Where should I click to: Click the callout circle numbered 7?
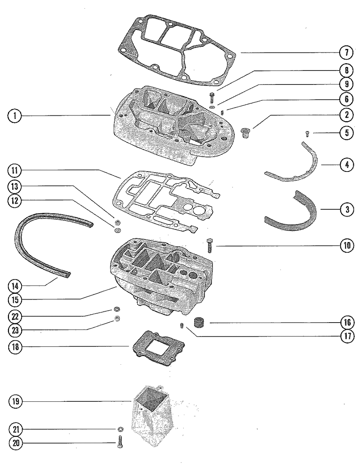346,53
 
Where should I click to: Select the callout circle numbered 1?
15,115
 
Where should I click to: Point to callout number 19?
15,401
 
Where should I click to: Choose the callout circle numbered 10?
346,246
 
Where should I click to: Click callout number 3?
346,210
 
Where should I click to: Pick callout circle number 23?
15,330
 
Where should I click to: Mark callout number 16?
346,322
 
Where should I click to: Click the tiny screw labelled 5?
306,134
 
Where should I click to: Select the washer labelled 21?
120,429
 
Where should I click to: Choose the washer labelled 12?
117,230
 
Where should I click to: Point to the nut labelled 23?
117,318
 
